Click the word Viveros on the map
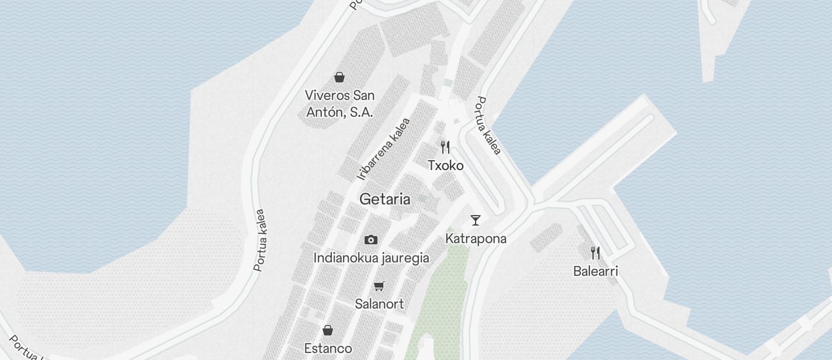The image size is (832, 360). point(328,95)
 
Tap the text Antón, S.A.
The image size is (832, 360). point(339,112)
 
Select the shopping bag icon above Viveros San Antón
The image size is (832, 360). point(339,77)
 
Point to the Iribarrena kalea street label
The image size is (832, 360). point(384,149)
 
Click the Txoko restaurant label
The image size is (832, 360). point(445,165)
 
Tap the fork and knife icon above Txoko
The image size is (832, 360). point(445,147)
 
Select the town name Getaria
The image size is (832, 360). point(384,199)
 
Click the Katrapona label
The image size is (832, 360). point(476,238)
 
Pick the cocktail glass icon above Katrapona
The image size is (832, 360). point(476,220)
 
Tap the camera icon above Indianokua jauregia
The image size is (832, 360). point(370,240)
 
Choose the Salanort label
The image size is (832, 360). point(379,304)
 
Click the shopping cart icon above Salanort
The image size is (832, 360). point(379,286)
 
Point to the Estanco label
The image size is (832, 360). point(328,349)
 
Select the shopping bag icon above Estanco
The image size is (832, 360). point(328,330)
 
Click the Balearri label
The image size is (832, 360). point(595,271)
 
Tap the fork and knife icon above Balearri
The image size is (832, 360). point(595,253)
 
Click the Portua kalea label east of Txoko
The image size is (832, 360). point(488,126)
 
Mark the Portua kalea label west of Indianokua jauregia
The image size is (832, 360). point(260,240)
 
